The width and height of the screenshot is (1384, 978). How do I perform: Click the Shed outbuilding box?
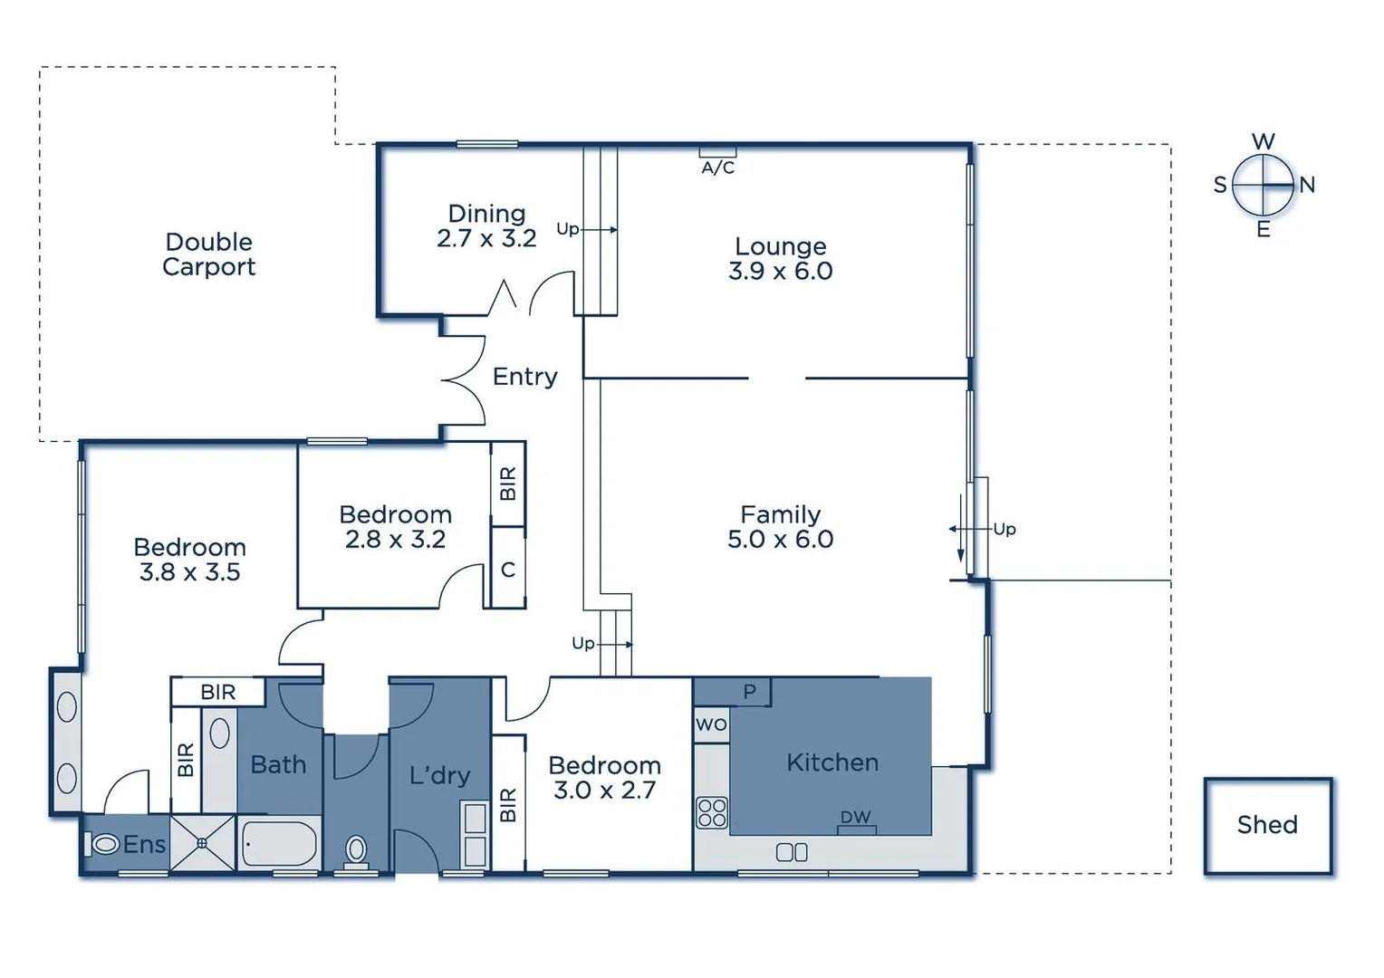pyautogui.click(x=1267, y=825)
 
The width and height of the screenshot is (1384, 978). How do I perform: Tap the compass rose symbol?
pyautogui.click(x=1263, y=185)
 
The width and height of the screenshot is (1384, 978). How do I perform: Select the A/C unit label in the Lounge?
pyautogui.click(x=717, y=168)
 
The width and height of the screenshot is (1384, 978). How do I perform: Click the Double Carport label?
pyautogui.click(x=208, y=254)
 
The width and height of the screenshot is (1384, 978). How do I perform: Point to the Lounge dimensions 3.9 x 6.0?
pyautogui.click(x=780, y=271)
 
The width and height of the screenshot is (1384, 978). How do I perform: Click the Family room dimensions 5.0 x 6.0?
pyautogui.click(x=780, y=539)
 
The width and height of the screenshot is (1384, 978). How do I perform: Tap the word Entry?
pyautogui.click(x=524, y=376)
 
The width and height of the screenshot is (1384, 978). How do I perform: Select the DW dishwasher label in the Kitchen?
pyautogui.click(x=855, y=817)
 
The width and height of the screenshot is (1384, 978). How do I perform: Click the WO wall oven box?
pyautogui.click(x=711, y=724)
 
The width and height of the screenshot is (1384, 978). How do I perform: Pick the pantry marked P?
pyautogui.click(x=749, y=692)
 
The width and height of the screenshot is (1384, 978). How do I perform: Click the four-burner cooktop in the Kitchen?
pyautogui.click(x=712, y=812)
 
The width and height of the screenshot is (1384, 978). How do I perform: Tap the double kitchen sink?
pyautogui.click(x=792, y=852)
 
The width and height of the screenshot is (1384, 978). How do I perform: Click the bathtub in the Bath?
pyautogui.click(x=280, y=844)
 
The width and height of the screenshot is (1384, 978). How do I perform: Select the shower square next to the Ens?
pyautogui.click(x=202, y=843)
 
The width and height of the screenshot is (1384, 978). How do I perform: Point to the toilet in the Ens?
pyautogui.click(x=104, y=844)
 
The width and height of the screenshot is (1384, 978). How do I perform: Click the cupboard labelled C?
pyautogui.click(x=508, y=570)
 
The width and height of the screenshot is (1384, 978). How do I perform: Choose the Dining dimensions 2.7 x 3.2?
pyautogui.click(x=486, y=238)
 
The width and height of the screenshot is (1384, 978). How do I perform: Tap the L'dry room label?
pyautogui.click(x=439, y=775)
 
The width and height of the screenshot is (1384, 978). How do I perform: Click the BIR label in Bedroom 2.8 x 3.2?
pyautogui.click(x=508, y=484)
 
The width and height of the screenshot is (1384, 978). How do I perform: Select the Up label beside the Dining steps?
pyautogui.click(x=567, y=228)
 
